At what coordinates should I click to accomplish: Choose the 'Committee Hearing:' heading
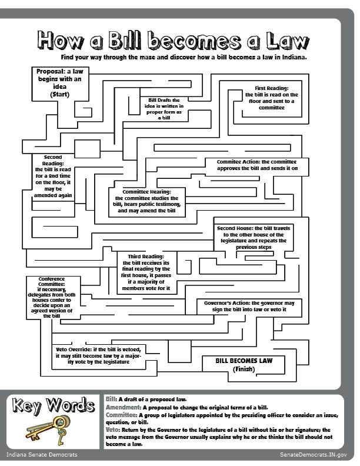(146, 192)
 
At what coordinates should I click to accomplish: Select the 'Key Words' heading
(54, 405)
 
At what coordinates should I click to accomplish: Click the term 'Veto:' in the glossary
(112, 430)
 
